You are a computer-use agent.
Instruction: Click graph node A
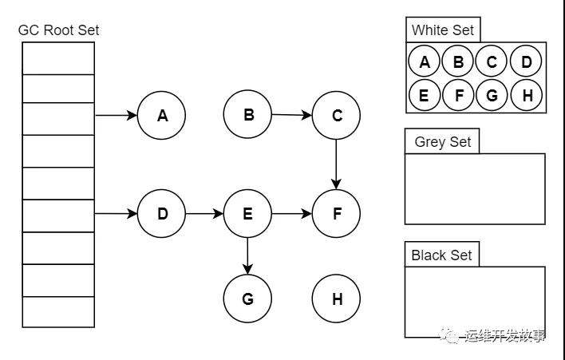coord(161,115)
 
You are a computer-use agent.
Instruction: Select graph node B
coord(247,115)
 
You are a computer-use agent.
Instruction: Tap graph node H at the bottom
coord(336,299)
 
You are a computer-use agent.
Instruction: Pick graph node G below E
coord(247,299)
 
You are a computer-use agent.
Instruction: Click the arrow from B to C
coord(292,115)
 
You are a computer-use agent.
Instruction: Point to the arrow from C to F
coord(336,164)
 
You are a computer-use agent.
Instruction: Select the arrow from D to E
coord(204,214)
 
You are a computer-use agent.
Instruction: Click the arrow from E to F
coord(292,214)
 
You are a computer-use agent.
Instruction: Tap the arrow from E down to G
coord(247,256)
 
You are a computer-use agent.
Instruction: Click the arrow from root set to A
coord(116,115)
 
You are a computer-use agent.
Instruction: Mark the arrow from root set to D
coord(116,214)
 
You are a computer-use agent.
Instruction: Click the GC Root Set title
coord(58,30)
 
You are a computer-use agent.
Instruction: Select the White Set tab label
coord(443,30)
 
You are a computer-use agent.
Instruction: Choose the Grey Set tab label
coord(443,142)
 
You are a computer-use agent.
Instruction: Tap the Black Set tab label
coord(442,255)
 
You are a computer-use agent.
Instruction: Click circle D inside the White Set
coord(526,61)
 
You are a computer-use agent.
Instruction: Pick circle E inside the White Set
coord(424,96)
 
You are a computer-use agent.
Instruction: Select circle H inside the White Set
coord(527,96)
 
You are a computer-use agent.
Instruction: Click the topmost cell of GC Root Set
coord(58,58)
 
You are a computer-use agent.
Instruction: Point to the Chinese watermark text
coord(504,336)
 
